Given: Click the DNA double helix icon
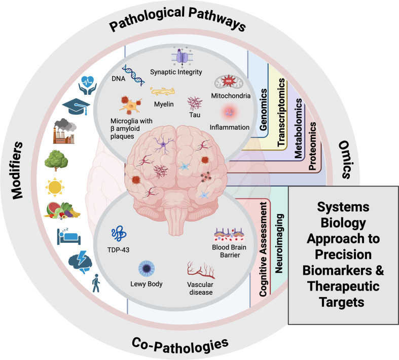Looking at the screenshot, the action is (133, 75).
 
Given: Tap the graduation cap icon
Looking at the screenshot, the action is (77, 106).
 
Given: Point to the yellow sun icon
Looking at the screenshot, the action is (55, 187).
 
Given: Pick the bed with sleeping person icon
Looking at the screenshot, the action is (69, 236).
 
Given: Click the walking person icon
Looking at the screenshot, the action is (96, 283).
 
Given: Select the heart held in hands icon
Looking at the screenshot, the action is (88, 86).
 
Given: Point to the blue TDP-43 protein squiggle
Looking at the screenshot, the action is (119, 233).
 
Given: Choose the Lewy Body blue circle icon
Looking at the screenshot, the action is (147, 269).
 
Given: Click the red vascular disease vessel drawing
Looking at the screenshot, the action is (201, 270).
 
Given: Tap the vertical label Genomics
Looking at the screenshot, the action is (263, 110).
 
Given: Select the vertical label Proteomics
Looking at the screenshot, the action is (312, 146).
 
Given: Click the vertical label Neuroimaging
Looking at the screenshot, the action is (279, 243).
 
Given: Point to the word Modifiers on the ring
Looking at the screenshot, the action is (17, 170).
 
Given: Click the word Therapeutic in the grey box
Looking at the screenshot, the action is (343, 286).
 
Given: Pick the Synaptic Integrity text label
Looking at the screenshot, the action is (176, 72).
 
